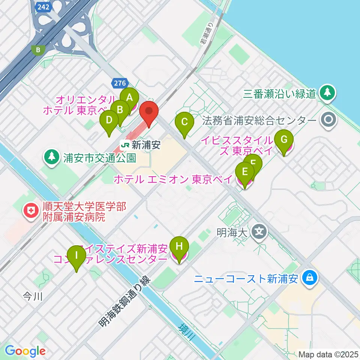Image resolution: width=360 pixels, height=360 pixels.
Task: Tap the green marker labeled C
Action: click(184, 122)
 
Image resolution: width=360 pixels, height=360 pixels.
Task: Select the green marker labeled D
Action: click(109, 121)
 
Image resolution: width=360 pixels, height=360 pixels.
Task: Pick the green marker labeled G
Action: click(284, 140)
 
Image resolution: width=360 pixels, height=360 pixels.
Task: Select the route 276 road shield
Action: click(121, 82)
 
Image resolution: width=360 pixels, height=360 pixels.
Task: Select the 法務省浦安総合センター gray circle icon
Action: click(329, 120)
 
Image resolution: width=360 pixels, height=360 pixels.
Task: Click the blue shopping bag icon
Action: click(311, 278)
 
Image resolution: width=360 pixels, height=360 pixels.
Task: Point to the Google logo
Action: click(25, 351)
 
